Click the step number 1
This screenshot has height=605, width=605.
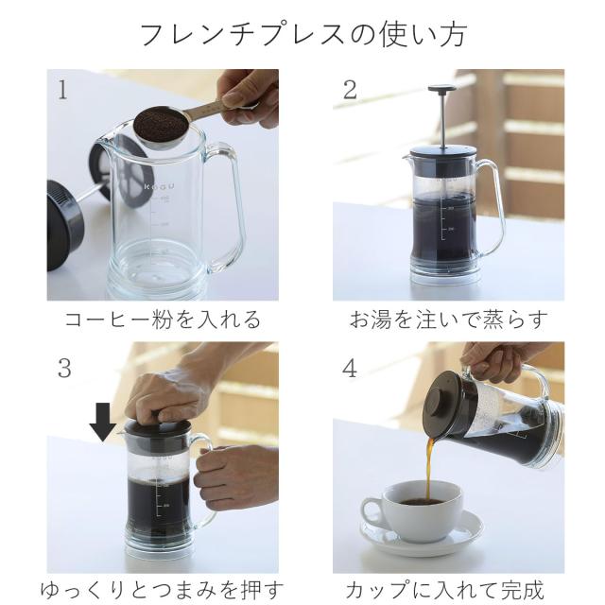click(62, 90)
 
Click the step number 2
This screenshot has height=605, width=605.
click(350, 90)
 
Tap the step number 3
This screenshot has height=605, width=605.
click(64, 368)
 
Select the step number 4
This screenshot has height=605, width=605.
click(350, 368)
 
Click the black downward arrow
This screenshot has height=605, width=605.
click(103, 422)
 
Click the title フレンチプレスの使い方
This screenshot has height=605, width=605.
click(303, 34)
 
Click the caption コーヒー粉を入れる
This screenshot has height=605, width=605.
click(163, 320)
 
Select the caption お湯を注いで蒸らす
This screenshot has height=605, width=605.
click(449, 320)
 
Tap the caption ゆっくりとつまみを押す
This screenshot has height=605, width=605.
click(162, 590)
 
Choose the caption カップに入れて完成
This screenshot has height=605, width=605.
click(444, 590)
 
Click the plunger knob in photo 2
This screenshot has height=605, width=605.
click(442, 89)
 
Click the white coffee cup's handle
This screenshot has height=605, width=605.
click(372, 510)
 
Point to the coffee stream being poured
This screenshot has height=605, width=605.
click(429, 470)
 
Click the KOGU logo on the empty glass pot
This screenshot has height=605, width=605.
click(160, 187)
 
